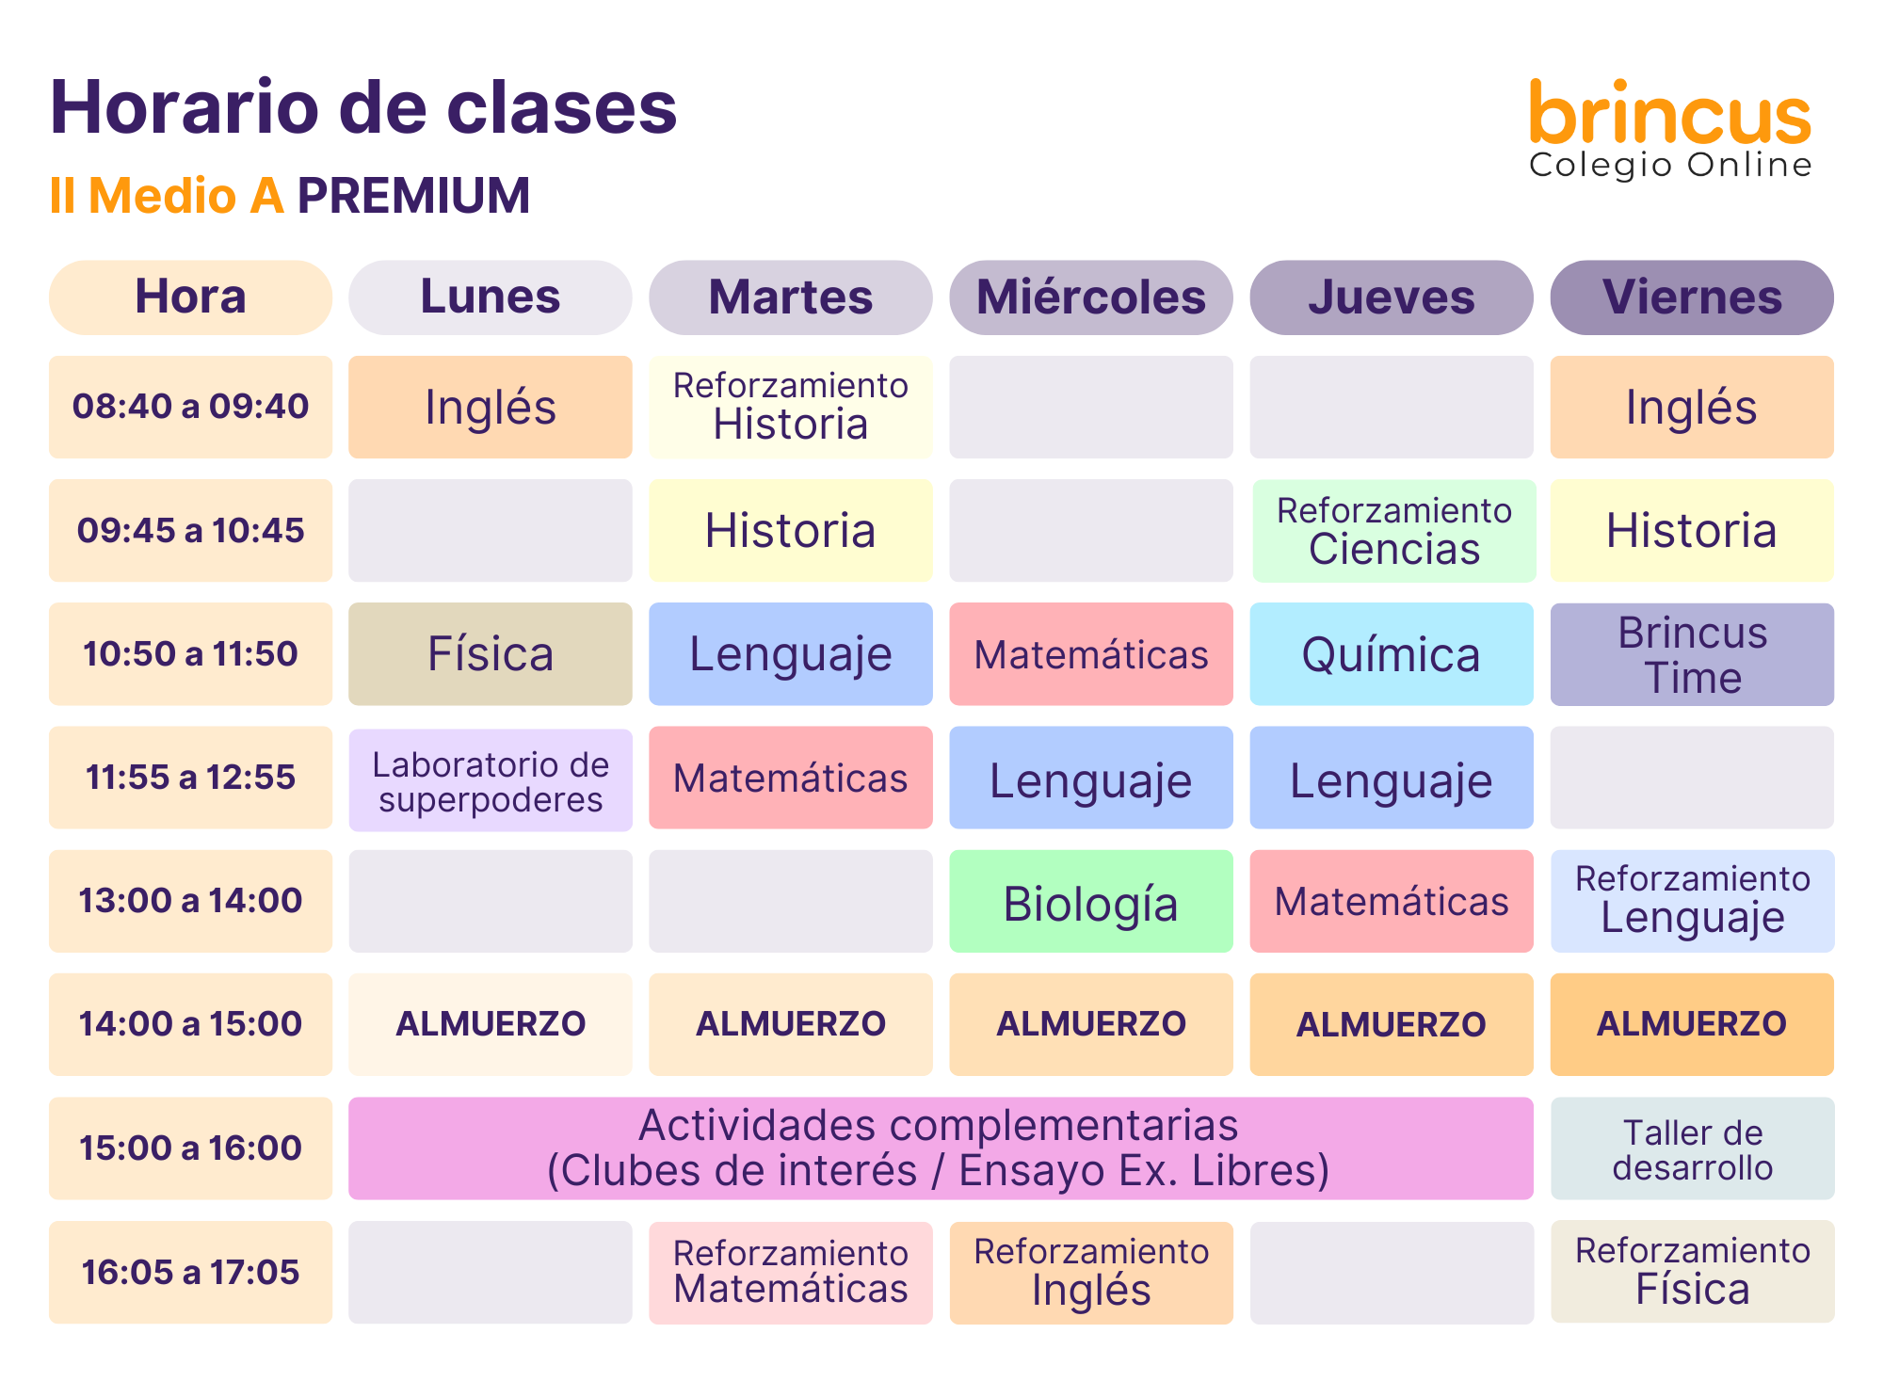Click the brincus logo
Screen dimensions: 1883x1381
pos(1670,129)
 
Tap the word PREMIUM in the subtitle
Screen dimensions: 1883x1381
pos(414,196)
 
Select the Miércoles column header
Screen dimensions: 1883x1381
pos(1091,297)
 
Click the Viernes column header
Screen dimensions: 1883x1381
pos(1692,297)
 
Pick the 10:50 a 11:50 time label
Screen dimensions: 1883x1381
pos(190,653)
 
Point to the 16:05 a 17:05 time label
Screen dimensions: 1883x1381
pos(190,1272)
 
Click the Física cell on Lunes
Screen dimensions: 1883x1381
pos(491,653)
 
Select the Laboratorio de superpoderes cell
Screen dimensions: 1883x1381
pos(491,779)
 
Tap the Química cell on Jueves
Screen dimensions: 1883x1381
pos(1392,653)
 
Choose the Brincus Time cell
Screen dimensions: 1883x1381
pos(1692,654)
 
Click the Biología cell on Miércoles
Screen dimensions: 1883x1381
pos(1091,901)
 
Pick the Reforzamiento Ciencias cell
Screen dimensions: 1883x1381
pos(1394,531)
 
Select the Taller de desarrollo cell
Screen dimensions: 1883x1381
pos(1693,1148)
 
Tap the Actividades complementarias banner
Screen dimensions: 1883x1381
pos(941,1148)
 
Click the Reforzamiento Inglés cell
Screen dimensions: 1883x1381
pos(1091,1273)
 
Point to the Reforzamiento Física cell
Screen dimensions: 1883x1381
pos(1693,1271)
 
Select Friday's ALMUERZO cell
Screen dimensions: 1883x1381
pos(1692,1024)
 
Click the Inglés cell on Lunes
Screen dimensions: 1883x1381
pos(491,407)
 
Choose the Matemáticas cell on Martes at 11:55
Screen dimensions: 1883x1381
pos(791,778)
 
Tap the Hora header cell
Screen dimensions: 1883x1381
pos(190,297)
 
